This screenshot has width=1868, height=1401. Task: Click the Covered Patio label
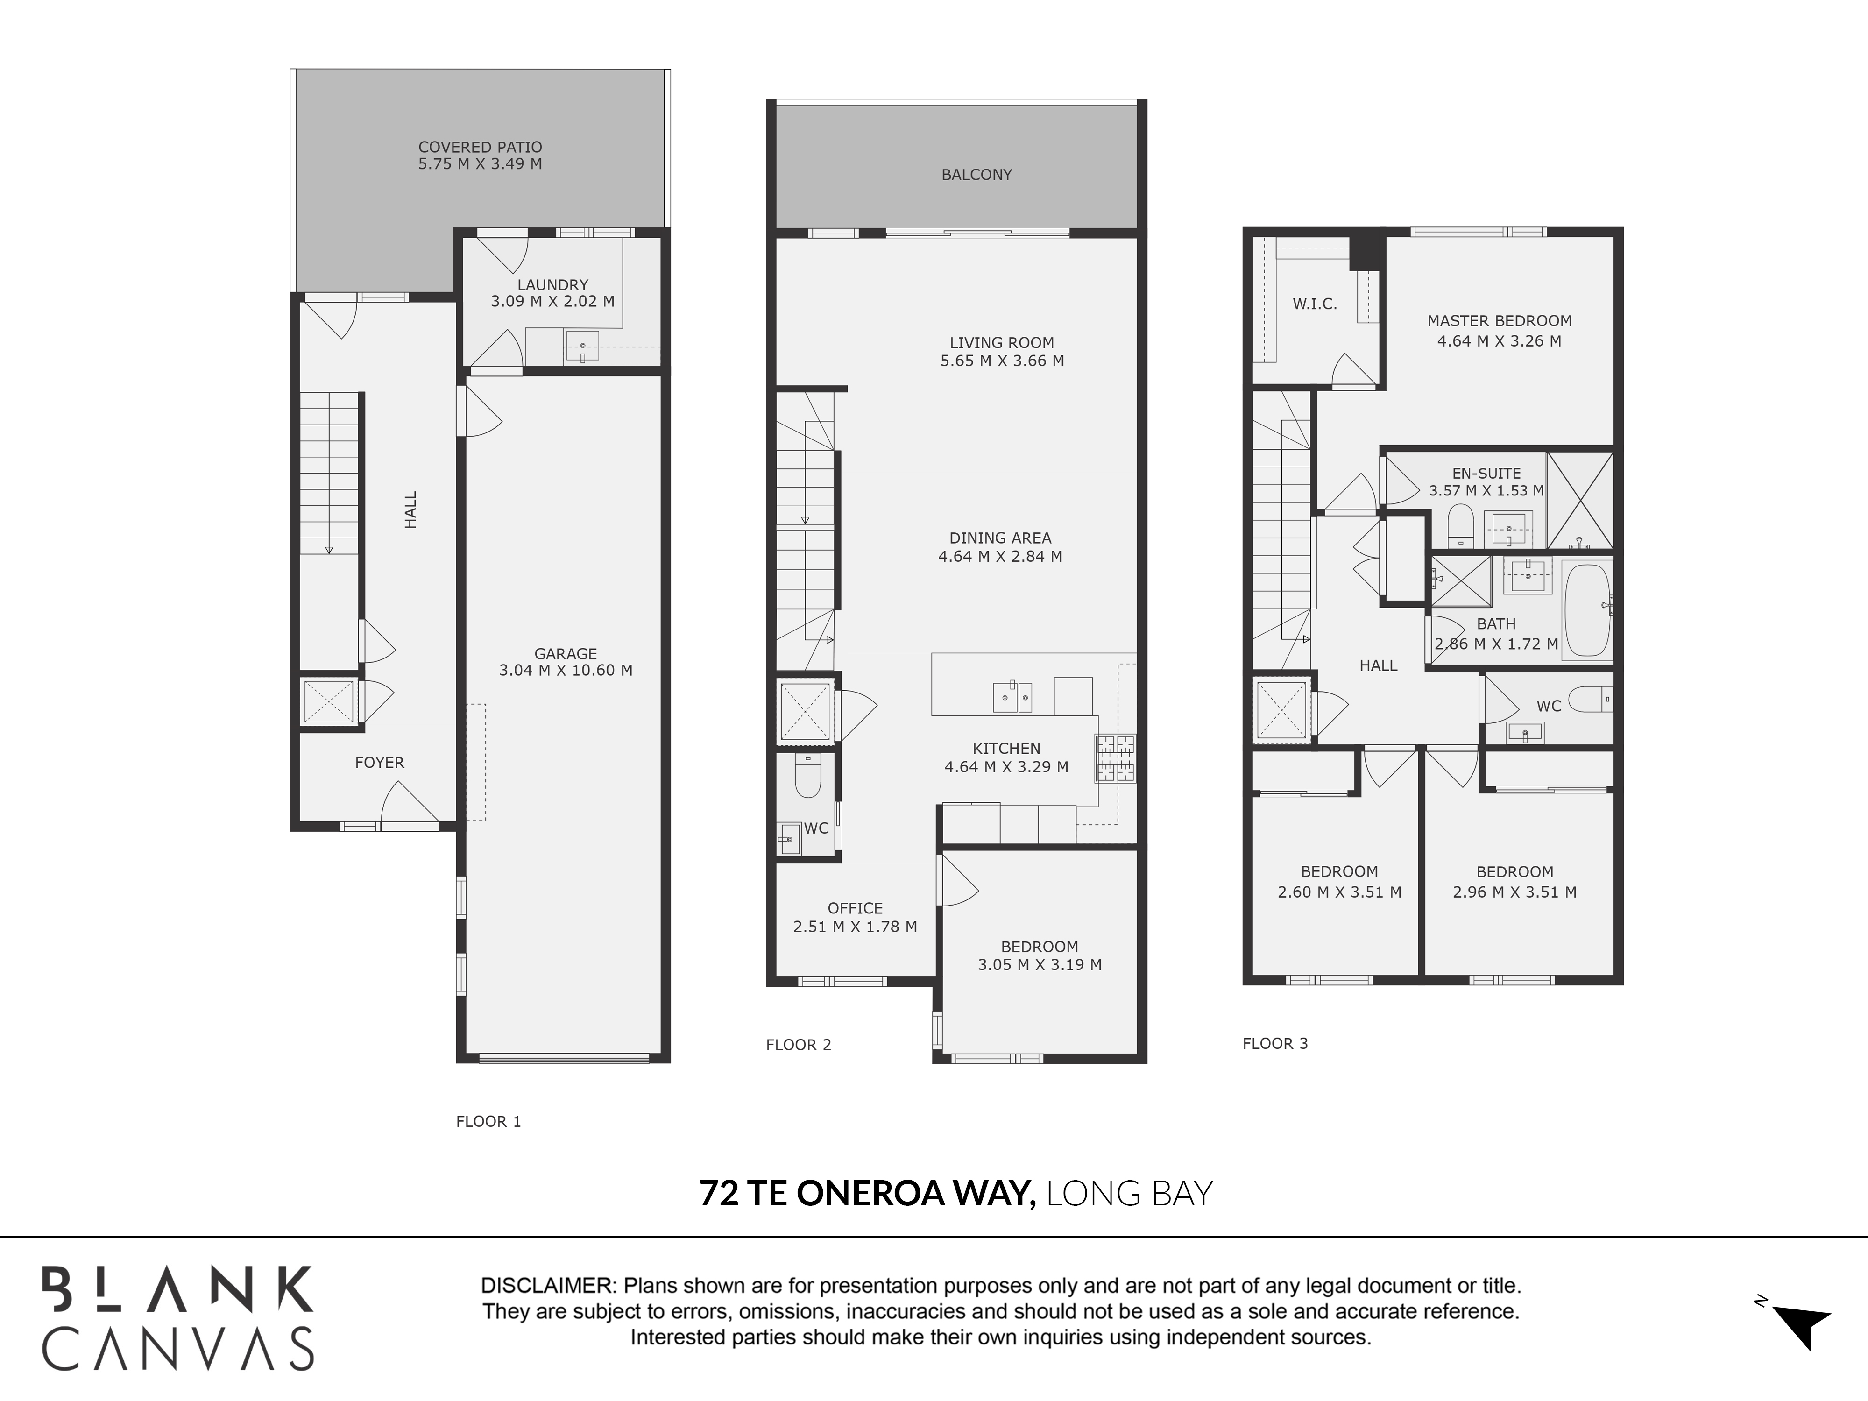click(480, 147)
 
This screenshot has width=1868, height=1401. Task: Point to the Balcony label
click(976, 175)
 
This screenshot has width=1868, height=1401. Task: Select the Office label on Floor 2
click(855, 908)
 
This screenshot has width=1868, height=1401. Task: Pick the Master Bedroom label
click(1499, 321)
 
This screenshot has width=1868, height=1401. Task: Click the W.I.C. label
click(1315, 304)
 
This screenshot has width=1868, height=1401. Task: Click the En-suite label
click(1486, 474)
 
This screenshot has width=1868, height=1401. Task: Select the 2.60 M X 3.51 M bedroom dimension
click(1339, 892)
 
